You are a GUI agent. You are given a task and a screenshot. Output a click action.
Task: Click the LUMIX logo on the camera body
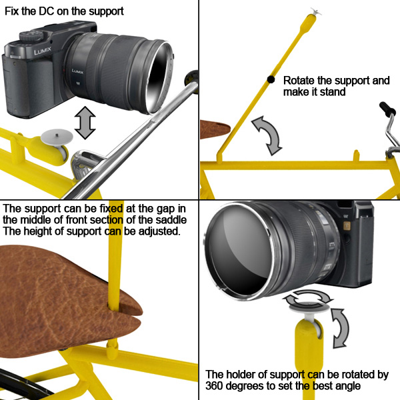pyautogui.click(x=43, y=51)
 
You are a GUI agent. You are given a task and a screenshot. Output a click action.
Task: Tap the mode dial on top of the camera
pyautogui.click(x=31, y=36)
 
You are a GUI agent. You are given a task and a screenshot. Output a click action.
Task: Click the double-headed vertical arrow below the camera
pyautogui.click(x=85, y=123)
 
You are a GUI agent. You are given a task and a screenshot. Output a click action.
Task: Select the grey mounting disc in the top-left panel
pyautogui.click(x=57, y=136)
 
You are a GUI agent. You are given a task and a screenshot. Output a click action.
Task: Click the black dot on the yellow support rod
pyautogui.click(x=271, y=79)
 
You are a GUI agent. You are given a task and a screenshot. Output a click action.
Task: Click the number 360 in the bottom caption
pyautogui.click(x=214, y=385)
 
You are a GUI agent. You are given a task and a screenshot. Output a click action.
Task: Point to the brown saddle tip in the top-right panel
pyautogui.click(x=215, y=129)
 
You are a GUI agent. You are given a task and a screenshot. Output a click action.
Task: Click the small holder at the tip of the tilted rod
pyautogui.click(x=315, y=11)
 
